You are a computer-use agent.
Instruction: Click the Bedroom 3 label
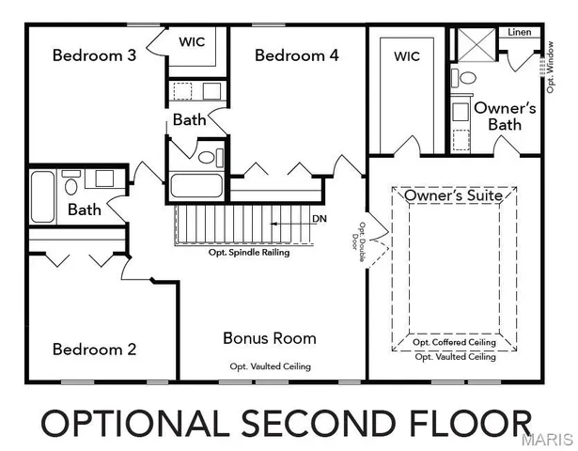pyautogui.click(x=94, y=55)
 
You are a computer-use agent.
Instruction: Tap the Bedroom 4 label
pyautogui.click(x=296, y=55)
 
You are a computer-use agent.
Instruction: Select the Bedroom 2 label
pyautogui.click(x=94, y=349)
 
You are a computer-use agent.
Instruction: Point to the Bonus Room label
pyautogui.click(x=269, y=337)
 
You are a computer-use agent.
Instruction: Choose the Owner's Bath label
pyautogui.click(x=505, y=117)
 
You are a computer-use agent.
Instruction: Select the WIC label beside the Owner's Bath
pyautogui.click(x=406, y=56)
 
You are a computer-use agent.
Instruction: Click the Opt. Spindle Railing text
pyautogui.click(x=248, y=253)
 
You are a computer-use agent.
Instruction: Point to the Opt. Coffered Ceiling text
pyautogui.click(x=455, y=343)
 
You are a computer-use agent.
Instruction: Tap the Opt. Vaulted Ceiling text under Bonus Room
pyautogui.click(x=270, y=366)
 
